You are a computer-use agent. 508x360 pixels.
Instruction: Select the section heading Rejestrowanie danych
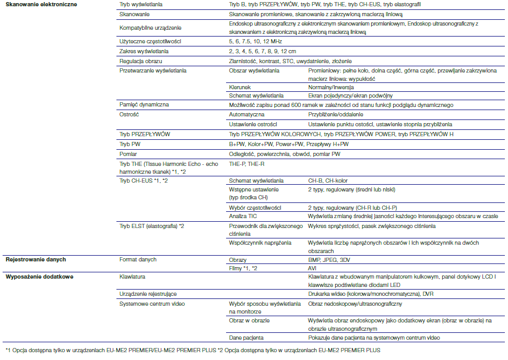tap(36, 259)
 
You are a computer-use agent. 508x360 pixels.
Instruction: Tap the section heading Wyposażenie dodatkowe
tap(39, 277)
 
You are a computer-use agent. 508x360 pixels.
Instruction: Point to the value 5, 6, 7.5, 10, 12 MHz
tap(255, 41)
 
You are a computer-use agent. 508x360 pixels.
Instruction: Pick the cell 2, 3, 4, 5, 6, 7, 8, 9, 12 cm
tap(262, 51)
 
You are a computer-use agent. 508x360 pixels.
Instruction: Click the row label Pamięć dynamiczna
tap(144, 104)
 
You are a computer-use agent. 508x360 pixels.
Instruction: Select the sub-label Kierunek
tap(240, 87)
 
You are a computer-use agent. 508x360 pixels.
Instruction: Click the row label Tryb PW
tap(131, 143)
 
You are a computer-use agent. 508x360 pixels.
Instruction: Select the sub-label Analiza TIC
tap(243, 215)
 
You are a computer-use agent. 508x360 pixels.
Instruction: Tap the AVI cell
tap(313, 268)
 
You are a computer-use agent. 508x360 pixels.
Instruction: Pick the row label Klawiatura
tap(132, 277)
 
